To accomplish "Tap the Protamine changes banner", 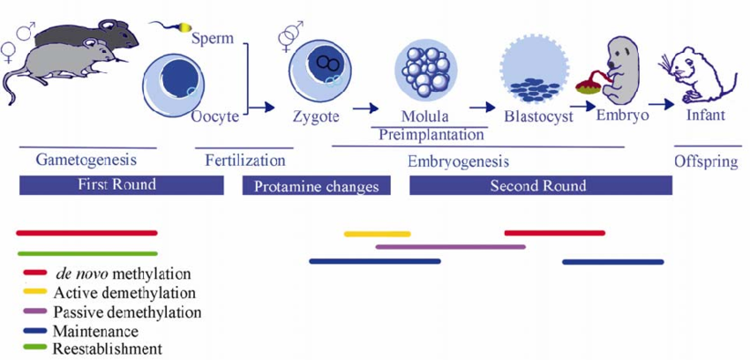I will tap(316, 186).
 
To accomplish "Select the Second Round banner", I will tap(540, 185).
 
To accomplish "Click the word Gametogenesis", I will tap(86, 161).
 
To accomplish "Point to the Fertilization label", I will tap(245, 161).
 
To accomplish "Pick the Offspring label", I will tap(707, 161).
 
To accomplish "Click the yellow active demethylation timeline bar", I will tap(377, 234).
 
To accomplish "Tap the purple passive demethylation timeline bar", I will tap(450, 247).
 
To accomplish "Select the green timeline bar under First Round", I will tap(86, 253).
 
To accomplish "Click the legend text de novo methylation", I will tap(123, 274).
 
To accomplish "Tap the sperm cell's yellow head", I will tap(184, 28).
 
